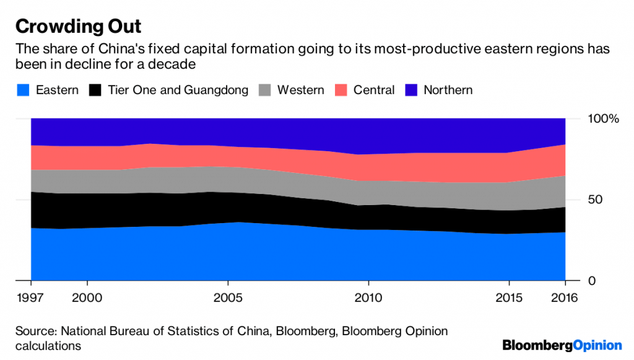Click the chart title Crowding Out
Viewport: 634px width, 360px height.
78,27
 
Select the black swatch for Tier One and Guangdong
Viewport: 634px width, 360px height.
95,90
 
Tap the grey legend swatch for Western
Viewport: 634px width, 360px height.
265,90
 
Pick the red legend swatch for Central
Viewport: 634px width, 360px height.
341,90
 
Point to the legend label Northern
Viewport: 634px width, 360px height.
448,90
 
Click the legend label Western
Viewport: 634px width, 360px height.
300,90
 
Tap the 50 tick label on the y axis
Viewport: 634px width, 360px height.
594,200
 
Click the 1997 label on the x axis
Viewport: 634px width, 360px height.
31,298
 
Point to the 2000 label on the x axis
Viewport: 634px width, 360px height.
87,298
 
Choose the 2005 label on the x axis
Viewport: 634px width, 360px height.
228,298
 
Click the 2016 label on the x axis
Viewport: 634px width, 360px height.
565,298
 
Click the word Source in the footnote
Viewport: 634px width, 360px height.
35,331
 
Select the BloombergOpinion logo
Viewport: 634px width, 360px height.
562,345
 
